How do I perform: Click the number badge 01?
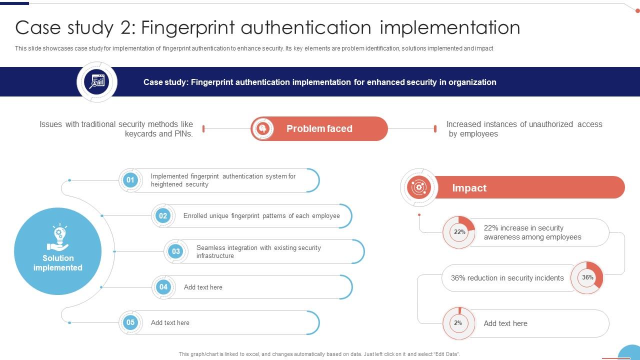click(130, 180)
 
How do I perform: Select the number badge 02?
click(163, 216)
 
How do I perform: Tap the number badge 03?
click(175, 251)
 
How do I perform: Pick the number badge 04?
click(163, 287)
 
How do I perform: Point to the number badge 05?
click(130, 322)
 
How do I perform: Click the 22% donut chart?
click(459, 232)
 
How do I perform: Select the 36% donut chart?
click(587, 277)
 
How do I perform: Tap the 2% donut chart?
click(458, 323)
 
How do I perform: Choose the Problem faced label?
click(319, 128)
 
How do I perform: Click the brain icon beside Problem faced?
click(262, 128)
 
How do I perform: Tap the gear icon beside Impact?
click(419, 187)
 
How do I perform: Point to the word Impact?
click(469, 188)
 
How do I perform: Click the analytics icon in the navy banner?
click(97, 81)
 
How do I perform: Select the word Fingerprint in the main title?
click(188, 27)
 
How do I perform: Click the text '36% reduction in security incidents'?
click(507, 278)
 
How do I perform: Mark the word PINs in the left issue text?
click(182, 134)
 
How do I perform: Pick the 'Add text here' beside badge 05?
click(170, 323)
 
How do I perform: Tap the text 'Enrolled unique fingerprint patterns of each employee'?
click(261, 216)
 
